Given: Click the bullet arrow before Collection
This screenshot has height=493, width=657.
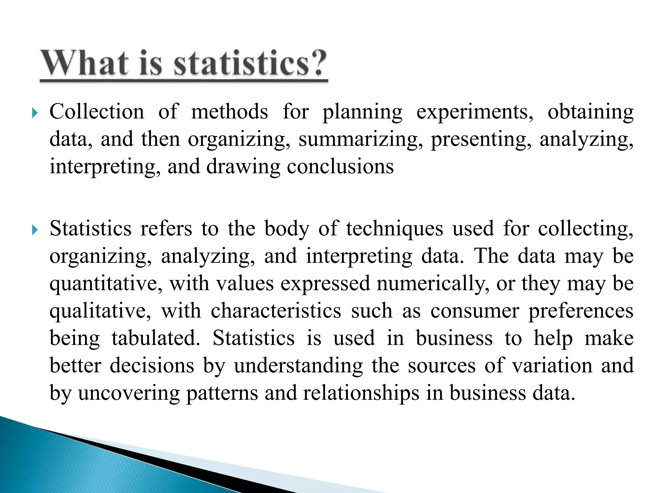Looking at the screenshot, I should [x=35, y=113].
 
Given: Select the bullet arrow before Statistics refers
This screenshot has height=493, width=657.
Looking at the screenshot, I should [x=35, y=230].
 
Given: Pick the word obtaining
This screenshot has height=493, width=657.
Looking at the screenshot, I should [x=590, y=112].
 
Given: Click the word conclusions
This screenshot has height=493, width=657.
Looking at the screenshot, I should [x=340, y=167].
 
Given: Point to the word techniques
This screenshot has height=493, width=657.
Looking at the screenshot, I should [x=395, y=229].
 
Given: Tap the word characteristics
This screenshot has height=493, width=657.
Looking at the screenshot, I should [x=276, y=311].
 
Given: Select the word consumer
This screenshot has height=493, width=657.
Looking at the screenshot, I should [x=474, y=311].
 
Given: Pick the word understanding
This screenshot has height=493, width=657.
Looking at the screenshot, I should [x=298, y=366].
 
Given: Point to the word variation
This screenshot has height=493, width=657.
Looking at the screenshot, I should [x=552, y=366].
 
